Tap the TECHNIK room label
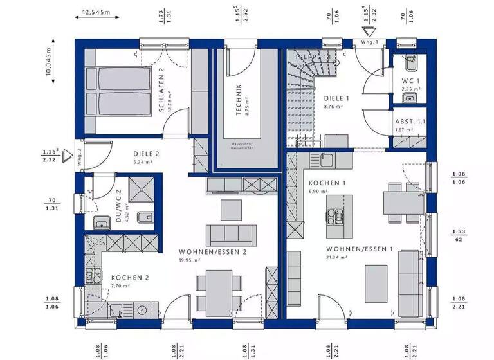(239, 100)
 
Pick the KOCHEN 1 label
(327, 183)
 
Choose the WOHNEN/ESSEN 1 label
(360, 249)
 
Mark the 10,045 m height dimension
(49, 62)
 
